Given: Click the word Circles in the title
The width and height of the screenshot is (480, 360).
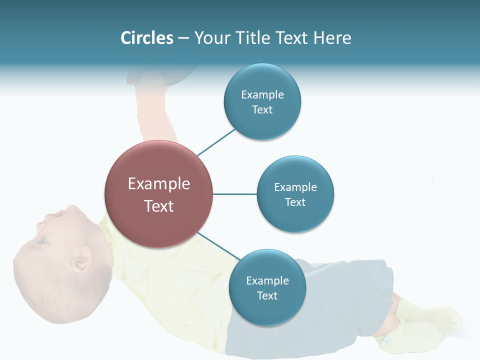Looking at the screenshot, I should click(x=146, y=38).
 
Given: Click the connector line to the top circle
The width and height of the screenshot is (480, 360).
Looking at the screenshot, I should click(x=216, y=142).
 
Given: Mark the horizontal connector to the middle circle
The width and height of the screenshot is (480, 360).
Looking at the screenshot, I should click(x=235, y=194).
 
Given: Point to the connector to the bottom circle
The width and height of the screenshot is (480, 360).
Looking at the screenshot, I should click(x=219, y=246).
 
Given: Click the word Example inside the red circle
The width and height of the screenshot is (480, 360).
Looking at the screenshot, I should click(x=159, y=183).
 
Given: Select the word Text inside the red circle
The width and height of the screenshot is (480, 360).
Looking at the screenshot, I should click(x=159, y=206).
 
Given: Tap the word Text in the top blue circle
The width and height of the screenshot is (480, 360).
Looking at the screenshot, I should click(x=262, y=109).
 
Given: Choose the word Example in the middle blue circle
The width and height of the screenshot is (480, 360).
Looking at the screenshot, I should click(x=295, y=187).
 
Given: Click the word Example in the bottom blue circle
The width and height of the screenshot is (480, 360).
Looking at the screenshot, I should click(x=267, y=280).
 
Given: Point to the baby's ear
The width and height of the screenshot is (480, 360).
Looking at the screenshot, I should click(x=81, y=260).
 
